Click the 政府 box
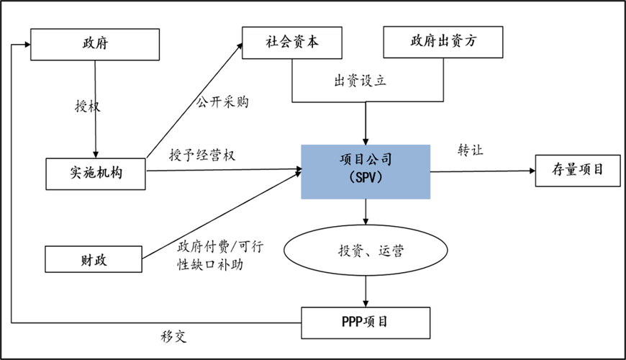(x=95, y=45)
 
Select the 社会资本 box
(x=291, y=42)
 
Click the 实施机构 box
(x=95, y=174)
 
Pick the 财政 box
(x=95, y=259)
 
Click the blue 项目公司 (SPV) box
(x=366, y=171)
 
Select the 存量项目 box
(x=577, y=171)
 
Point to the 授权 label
(x=88, y=107)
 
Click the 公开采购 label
(x=223, y=102)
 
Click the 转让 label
(x=471, y=150)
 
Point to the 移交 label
(x=173, y=336)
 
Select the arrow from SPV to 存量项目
(x=482, y=171)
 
